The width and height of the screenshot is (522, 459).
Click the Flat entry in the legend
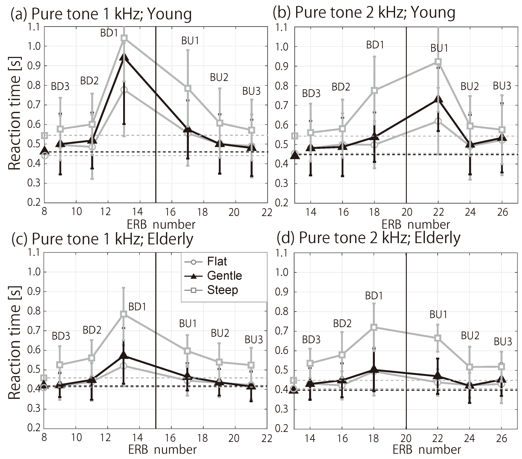[x=217, y=262]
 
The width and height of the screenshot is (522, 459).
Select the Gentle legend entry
[x=224, y=276]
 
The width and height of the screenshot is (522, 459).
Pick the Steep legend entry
[x=222, y=290]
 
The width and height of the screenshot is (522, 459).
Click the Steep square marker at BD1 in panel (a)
[x=124, y=38]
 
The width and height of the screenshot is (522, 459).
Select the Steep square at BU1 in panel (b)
[x=438, y=62]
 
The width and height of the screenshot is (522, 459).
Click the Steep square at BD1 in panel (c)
[x=124, y=314]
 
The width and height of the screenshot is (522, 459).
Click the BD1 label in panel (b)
[x=375, y=45]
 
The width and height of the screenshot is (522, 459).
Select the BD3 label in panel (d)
[x=311, y=340]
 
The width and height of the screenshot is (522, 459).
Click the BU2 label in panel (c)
[x=220, y=333]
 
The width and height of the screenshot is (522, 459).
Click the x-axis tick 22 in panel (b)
[x=438, y=212]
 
